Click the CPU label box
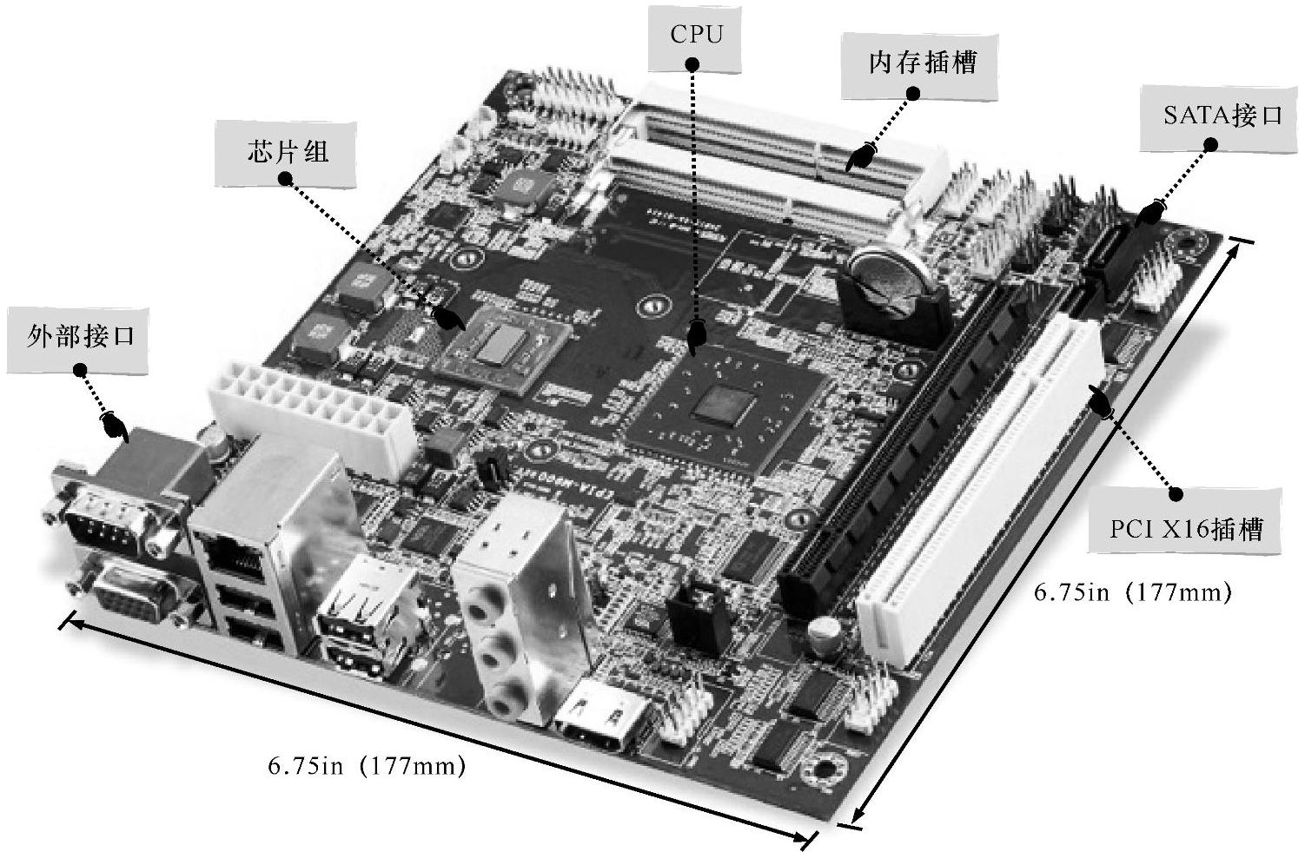pyautogui.click(x=694, y=38)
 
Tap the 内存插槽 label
pyautogui.click(x=919, y=65)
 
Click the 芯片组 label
pyautogui.click(x=286, y=154)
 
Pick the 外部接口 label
pyautogui.click(x=77, y=340)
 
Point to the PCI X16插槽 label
pyautogui.click(x=1185, y=520)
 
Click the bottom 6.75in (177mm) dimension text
pyautogui.click(x=367, y=765)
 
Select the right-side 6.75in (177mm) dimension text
pyautogui.click(x=1133, y=592)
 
